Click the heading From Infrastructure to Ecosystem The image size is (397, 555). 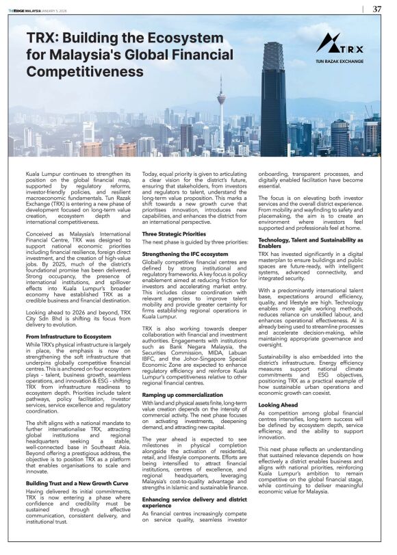(x=68, y=336)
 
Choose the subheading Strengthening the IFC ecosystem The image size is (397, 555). (x=185, y=253)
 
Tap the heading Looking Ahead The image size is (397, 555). (x=278, y=405)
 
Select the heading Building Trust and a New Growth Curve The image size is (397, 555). (x=77, y=465)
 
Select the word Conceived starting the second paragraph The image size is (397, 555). (x=40, y=234)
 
